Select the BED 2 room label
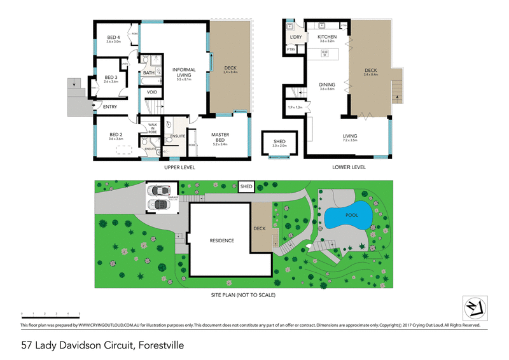click(x=115, y=134)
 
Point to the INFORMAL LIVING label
click(x=183, y=72)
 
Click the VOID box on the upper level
click(x=152, y=92)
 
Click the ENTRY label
click(x=110, y=106)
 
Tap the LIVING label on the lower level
click(x=349, y=135)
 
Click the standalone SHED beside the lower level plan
click(x=279, y=143)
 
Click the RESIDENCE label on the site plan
click(x=223, y=240)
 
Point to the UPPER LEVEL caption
click(x=179, y=167)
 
